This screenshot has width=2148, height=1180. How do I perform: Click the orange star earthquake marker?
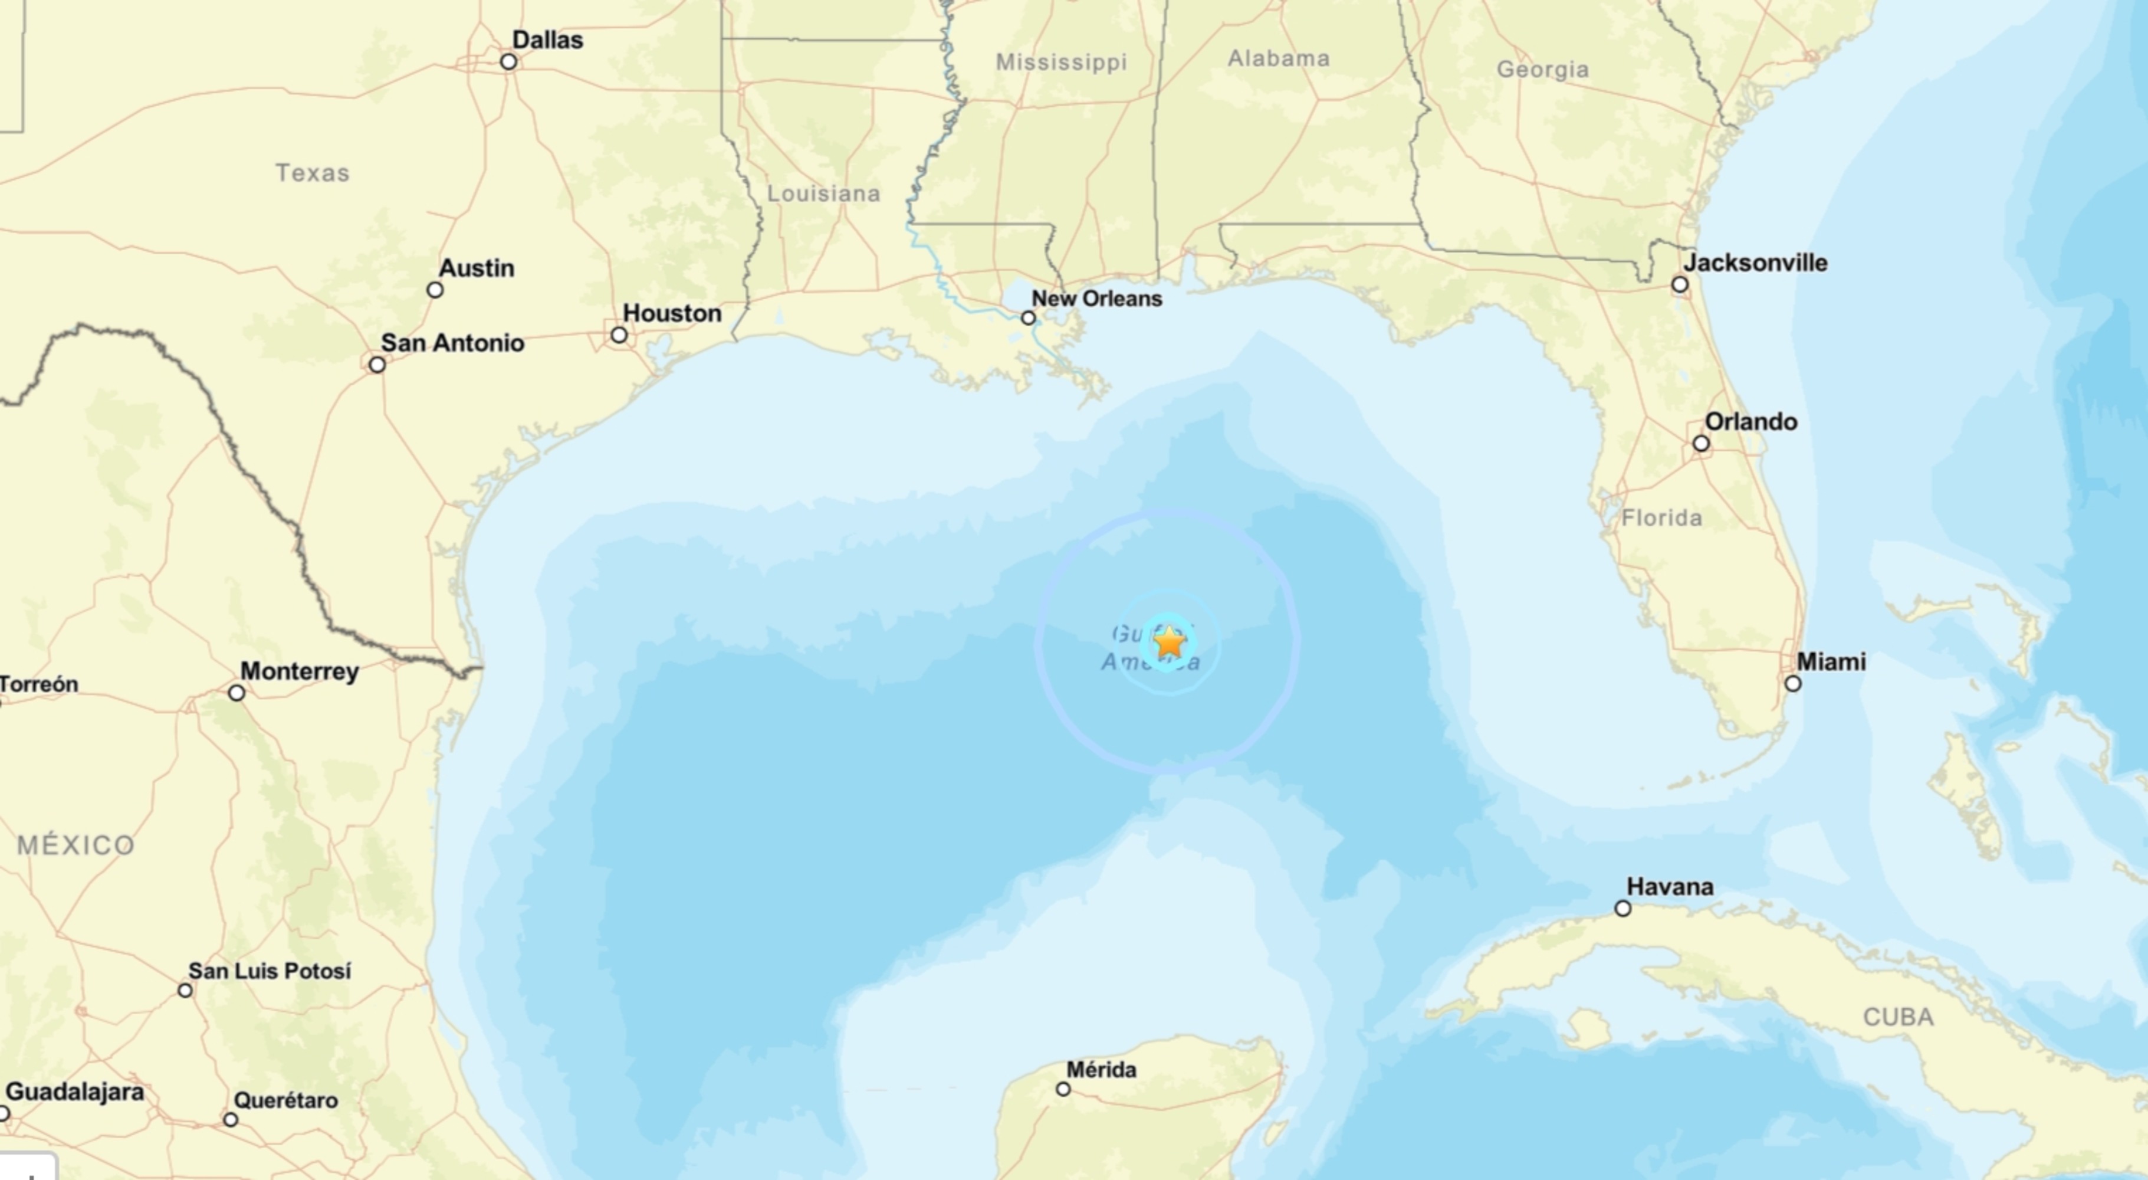(1169, 642)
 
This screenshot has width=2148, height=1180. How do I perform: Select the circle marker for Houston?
(619, 335)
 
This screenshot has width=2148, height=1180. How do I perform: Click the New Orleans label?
(1096, 299)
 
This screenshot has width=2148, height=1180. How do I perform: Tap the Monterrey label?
(300, 671)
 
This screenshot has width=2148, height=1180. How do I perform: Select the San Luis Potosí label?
(270, 971)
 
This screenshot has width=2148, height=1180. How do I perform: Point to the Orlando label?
(1750, 422)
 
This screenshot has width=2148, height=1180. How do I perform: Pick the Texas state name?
(313, 173)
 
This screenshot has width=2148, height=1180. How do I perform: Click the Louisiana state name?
(823, 194)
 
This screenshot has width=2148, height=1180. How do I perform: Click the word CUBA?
(1898, 1017)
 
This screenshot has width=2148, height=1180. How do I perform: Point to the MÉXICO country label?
(76, 845)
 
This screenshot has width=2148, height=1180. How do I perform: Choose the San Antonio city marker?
(377, 365)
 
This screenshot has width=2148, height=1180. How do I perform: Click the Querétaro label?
(285, 1100)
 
